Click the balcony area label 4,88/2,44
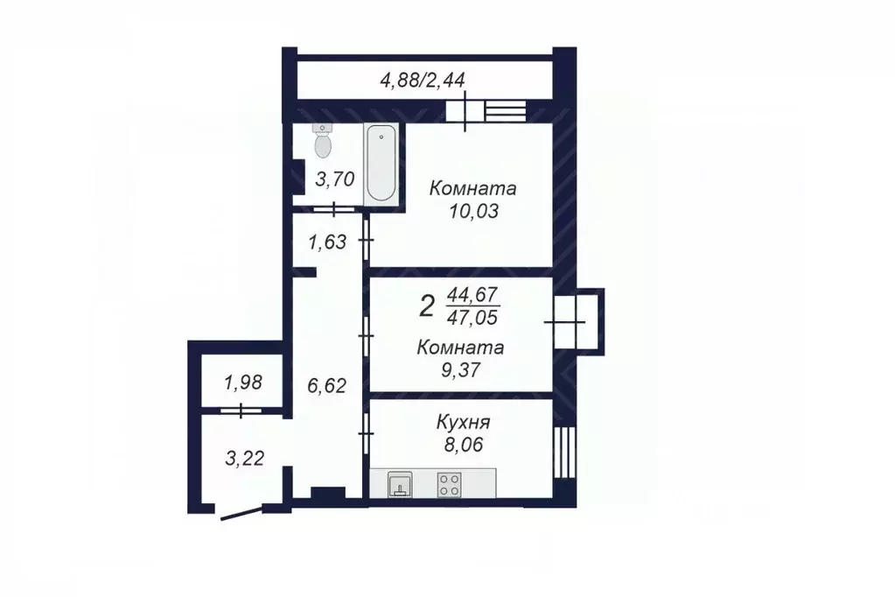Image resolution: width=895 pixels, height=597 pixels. (x=421, y=80)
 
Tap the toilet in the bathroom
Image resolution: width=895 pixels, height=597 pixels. (x=323, y=141)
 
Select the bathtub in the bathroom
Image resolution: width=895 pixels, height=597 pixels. (x=381, y=163)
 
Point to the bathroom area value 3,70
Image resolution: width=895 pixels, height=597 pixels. (x=334, y=180)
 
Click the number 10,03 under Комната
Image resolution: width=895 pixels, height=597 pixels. (x=473, y=211)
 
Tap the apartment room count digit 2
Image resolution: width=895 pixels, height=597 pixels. (x=427, y=306)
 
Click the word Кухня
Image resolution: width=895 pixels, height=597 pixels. (x=462, y=424)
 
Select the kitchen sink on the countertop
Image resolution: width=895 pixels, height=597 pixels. (x=400, y=484)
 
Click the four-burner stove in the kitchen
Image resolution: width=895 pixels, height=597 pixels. (x=450, y=484)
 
